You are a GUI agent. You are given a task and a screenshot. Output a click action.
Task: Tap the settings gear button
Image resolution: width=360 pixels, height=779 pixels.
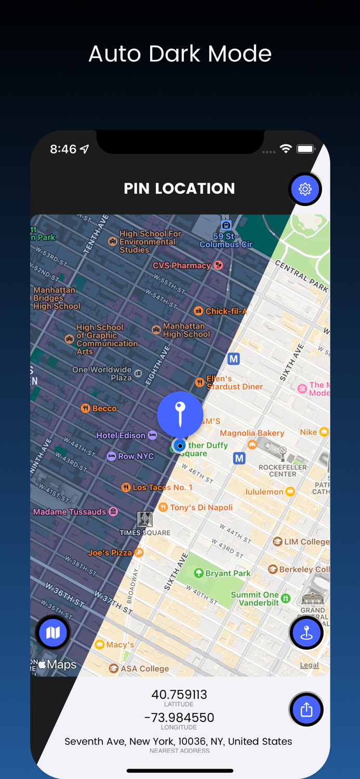tap(305, 189)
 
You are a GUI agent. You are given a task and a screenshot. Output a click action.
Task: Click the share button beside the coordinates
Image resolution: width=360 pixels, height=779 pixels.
tap(306, 709)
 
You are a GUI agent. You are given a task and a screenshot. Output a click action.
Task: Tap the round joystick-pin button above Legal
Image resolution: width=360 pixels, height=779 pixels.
tap(306, 633)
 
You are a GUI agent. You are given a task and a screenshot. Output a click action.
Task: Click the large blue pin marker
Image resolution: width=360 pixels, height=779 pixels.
tap(180, 414)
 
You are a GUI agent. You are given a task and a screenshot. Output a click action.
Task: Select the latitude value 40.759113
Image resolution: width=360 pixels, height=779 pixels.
tap(179, 694)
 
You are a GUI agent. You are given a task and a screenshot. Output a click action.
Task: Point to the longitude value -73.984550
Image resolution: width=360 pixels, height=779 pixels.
tap(179, 718)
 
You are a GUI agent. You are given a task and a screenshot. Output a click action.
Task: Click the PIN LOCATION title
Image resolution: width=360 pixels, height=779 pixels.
tap(179, 189)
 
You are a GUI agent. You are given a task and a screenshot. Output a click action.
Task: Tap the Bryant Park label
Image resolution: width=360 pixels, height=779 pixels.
tap(228, 573)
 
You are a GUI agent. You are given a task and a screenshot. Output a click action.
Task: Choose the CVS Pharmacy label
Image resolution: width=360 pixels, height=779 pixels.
tap(182, 265)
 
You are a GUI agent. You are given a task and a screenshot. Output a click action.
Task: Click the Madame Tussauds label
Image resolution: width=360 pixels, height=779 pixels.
tap(70, 512)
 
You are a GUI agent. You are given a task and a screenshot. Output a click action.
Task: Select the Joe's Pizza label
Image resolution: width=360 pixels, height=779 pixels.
tap(110, 553)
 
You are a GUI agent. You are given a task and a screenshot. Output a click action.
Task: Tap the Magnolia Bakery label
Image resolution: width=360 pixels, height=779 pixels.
tap(252, 433)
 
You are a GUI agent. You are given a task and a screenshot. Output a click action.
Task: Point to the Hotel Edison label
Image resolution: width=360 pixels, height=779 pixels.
tap(121, 435)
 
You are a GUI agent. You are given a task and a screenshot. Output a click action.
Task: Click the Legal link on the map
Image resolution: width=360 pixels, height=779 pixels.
tap(309, 665)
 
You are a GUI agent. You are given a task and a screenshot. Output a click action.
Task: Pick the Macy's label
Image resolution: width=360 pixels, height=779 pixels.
tap(119, 644)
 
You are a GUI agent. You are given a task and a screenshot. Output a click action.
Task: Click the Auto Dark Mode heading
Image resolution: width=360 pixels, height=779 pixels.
tap(180, 53)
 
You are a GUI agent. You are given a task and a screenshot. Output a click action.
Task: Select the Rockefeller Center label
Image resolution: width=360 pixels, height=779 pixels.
tap(283, 471)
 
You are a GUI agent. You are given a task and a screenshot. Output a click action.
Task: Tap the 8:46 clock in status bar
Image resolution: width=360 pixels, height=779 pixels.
tap(63, 149)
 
